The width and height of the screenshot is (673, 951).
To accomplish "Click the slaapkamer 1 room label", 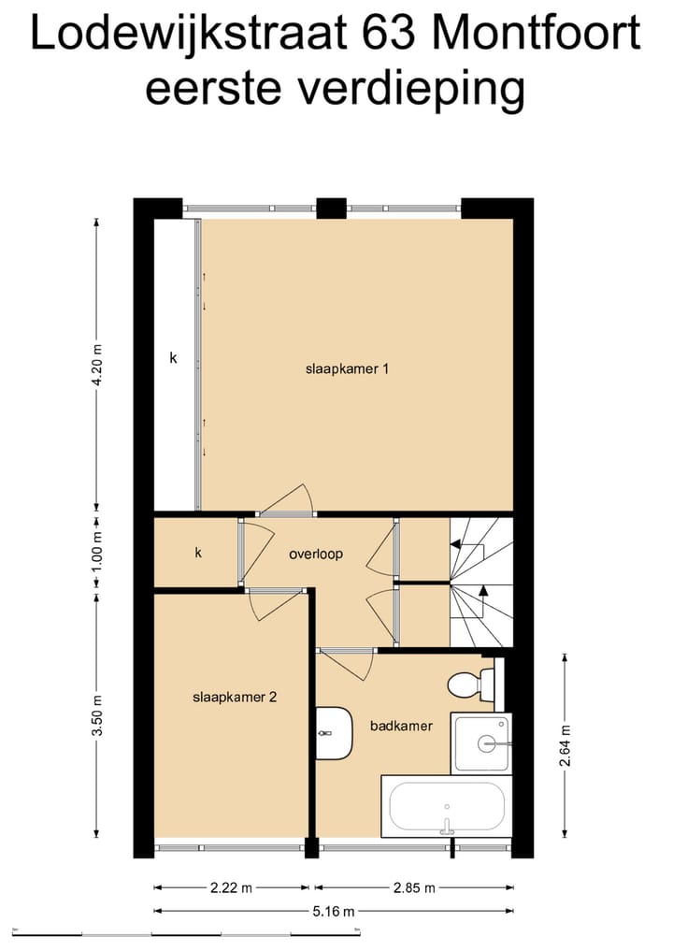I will click(347, 368).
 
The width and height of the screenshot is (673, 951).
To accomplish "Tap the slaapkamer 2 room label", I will click(235, 697).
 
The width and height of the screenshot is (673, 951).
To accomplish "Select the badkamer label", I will click(401, 725).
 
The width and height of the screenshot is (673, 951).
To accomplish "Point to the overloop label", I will click(315, 554).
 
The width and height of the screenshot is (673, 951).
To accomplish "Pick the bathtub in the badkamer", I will click(447, 807).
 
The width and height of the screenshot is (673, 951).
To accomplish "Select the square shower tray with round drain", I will click(481, 742).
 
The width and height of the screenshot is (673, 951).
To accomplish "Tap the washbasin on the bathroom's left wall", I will click(333, 732).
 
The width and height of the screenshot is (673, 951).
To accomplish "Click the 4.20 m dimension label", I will click(97, 369).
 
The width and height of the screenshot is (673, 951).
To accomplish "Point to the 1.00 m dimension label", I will click(97, 553).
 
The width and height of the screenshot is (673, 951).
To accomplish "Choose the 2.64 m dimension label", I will click(565, 746).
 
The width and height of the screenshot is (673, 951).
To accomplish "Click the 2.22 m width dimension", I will click(231, 887).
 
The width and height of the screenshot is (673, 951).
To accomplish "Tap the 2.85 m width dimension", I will click(412, 887).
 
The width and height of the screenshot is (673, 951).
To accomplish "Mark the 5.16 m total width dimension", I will click(334, 911).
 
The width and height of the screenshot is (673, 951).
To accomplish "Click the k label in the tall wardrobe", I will click(173, 357).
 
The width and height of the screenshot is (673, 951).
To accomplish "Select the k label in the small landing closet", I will click(198, 553).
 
